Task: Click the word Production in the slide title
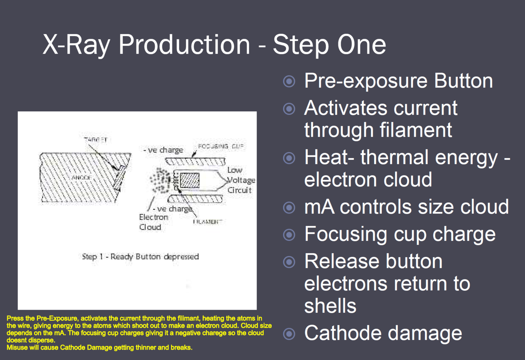coord(184,44)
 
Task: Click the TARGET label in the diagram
coord(96,140)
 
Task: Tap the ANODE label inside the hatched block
coord(82,178)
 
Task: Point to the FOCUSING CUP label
coord(220,146)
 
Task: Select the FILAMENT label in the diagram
coord(207,222)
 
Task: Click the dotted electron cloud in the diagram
coord(161,180)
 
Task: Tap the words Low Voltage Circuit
coord(240,180)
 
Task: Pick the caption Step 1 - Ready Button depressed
coord(140,257)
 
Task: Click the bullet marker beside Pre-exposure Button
coord(289,81)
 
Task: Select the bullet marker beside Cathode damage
coord(289,334)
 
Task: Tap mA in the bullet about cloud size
coord(319,207)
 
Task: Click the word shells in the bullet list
coord(330,306)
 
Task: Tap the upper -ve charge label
coord(163,150)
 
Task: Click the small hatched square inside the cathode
coord(190,181)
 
